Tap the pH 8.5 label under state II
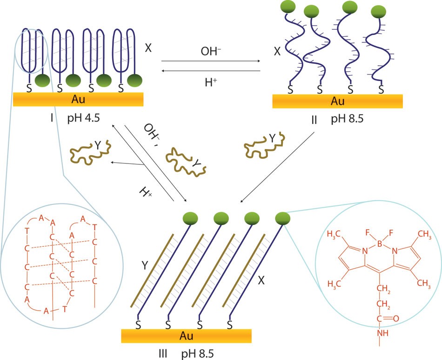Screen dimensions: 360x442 pyautogui.click(x=347, y=120)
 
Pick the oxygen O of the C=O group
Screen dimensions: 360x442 pyautogui.click(x=396, y=319)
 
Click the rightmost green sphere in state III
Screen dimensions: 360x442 pyautogui.click(x=282, y=217)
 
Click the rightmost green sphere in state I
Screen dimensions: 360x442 pyautogui.click(x=135, y=80)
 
